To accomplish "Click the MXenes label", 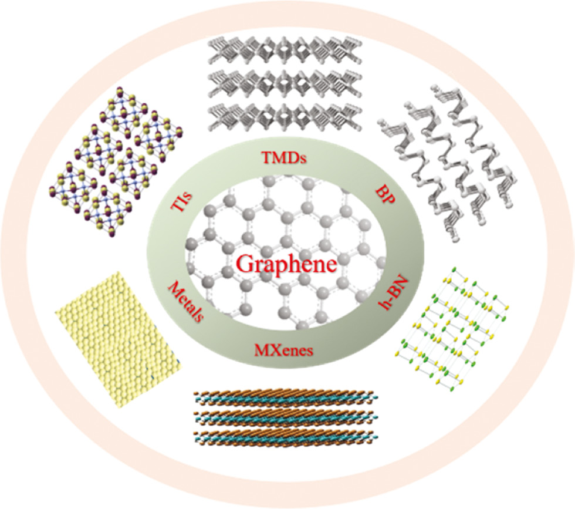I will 284,350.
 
